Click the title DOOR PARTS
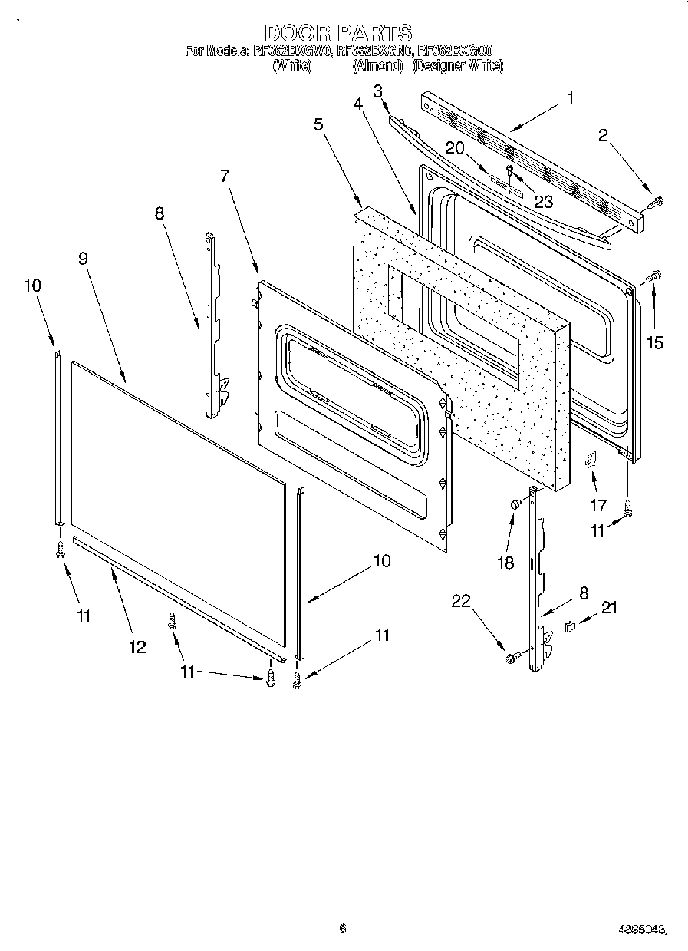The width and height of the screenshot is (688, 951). pyautogui.click(x=338, y=33)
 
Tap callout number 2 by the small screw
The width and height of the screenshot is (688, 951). pyautogui.click(x=603, y=137)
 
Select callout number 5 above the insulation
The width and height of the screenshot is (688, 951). pyautogui.click(x=317, y=124)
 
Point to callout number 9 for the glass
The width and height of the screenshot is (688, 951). pyautogui.click(x=83, y=259)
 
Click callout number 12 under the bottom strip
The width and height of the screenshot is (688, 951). pyautogui.click(x=137, y=647)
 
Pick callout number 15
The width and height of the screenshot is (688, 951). pyautogui.click(x=654, y=343)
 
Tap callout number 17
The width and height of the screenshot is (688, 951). pyautogui.click(x=597, y=505)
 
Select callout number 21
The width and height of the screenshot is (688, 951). pyautogui.click(x=609, y=608)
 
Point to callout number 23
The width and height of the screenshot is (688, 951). pyautogui.click(x=543, y=202)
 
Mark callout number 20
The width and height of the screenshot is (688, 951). pyautogui.click(x=455, y=149)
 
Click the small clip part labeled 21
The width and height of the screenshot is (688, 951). pyautogui.click(x=569, y=627)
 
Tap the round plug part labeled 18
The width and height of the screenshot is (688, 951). pyautogui.click(x=516, y=504)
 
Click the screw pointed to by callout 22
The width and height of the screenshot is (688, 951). pyautogui.click(x=512, y=657)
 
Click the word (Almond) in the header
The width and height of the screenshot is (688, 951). pyautogui.click(x=377, y=66)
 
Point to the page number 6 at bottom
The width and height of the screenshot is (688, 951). pyautogui.click(x=342, y=929)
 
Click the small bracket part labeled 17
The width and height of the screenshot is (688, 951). pyautogui.click(x=591, y=460)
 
